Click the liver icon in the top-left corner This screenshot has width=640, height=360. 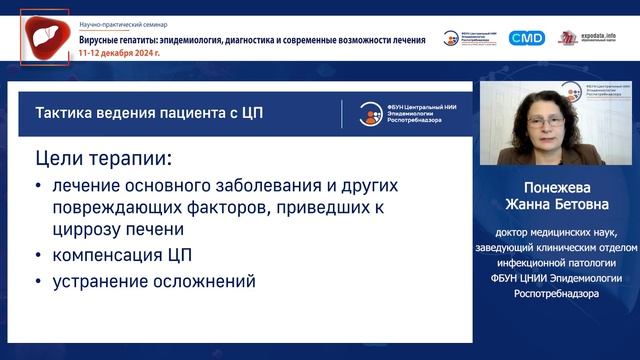pos(45,37)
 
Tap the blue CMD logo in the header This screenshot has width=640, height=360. pos(526,38)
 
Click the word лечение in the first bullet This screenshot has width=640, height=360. pos(86,186)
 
